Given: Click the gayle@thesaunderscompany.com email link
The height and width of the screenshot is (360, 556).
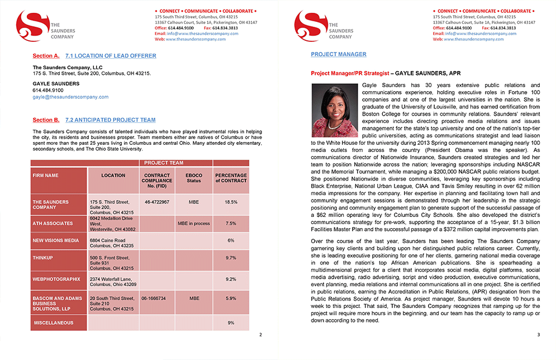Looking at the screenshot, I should pyautogui.click(x=70, y=97).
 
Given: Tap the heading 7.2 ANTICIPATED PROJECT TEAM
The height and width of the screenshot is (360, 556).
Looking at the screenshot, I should pyautogui.click(x=110, y=120).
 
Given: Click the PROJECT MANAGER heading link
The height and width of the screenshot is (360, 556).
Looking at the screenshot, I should pyautogui.click(x=339, y=54).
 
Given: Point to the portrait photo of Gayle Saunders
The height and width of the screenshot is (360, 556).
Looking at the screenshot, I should pyautogui.click(x=334, y=110).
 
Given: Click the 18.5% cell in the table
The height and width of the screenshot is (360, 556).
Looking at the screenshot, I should pyautogui.click(x=231, y=202).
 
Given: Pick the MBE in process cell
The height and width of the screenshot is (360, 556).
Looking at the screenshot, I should pyautogui.click(x=193, y=224).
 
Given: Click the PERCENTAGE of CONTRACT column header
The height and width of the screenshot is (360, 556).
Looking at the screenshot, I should pyautogui.click(x=231, y=178).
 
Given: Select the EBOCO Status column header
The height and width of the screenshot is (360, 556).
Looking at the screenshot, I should pyautogui.click(x=193, y=178).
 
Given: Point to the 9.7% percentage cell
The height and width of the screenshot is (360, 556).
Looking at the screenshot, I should pyautogui.click(x=231, y=258).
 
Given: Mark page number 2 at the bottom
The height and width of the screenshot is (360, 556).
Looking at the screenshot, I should pyautogui.click(x=260, y=335).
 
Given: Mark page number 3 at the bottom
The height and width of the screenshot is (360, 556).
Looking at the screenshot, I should pyautogui.click(x=538, y=335).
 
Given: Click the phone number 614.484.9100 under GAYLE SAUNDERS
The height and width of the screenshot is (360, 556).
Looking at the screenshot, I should pyautogui.click(x=48, y=90).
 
